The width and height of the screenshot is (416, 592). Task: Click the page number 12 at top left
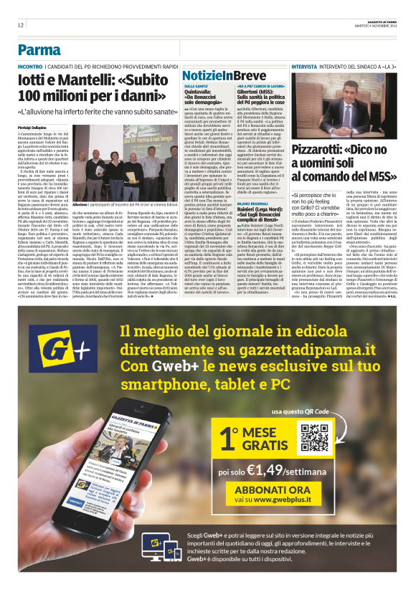click(21, 25)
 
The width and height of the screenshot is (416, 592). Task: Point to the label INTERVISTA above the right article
click(306, 67)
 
